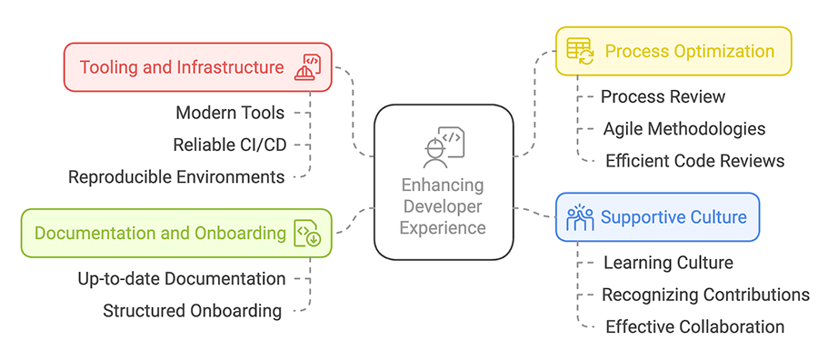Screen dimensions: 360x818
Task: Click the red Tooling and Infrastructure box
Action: pos(197,67)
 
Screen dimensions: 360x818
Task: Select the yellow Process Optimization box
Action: pos(673,51)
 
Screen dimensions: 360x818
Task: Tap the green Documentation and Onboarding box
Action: pos(175,234)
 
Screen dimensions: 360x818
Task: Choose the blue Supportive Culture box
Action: pos(656,217)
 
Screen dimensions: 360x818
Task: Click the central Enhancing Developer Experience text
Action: pos(444,205)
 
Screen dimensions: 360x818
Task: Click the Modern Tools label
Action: pos(230,113)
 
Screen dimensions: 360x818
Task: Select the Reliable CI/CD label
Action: pos(229,145)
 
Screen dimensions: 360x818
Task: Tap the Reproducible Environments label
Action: pos(176,176)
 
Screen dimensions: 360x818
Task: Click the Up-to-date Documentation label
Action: pos(182,278)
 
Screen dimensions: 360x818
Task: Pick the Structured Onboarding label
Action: pos(192,311)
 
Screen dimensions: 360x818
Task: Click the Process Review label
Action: pos(663,96)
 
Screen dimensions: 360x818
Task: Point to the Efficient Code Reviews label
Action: pos(694,161)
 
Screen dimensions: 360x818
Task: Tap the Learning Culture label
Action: pos(668,263)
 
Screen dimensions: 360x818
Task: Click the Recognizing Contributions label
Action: pos(705,295)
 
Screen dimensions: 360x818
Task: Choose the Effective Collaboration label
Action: pos(694,326)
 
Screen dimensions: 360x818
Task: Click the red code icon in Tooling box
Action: pos(308,67)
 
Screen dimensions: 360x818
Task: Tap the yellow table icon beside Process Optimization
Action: pos(580,50)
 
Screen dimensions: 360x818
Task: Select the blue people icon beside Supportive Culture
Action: pos(580,217)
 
